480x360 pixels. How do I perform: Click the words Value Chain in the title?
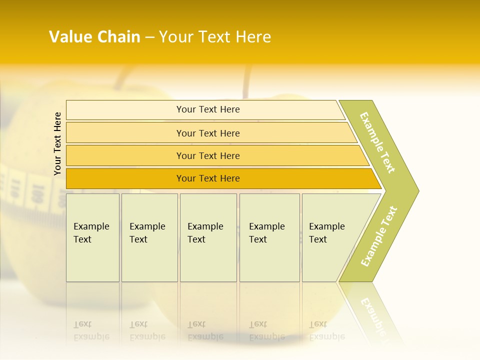(x=94, y=37)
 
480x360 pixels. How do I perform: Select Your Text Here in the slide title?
(x=215, y=37)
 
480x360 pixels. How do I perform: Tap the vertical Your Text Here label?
(x=57, y=143)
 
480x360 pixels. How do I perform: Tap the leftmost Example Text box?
(x=92, y=237)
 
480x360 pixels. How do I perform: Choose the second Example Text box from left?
(x=149, y=237)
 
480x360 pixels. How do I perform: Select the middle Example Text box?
(x=208, y=237)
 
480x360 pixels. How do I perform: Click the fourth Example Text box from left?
(x=269, y=237)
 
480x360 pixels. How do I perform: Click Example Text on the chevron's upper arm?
(x=377, y=142)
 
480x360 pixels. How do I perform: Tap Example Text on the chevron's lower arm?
(x=378, y=236)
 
